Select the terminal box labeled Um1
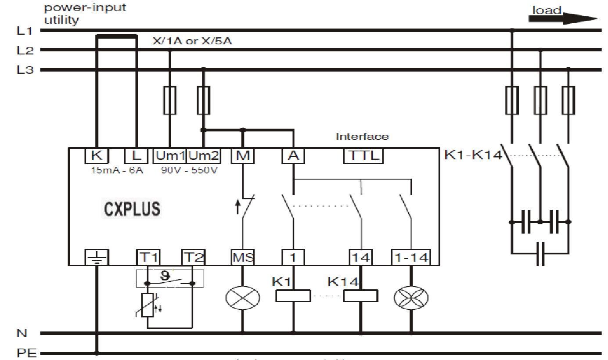tap(170, 155)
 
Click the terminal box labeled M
tap(242, 155)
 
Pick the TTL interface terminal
tap(363, 155)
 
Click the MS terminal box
tap(242, 257)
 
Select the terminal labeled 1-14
tap(410, 257)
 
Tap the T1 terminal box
tap(148, 257)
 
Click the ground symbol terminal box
tap(96, 257)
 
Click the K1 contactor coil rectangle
tap(293, 296)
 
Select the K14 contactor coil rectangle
tap(360, 296)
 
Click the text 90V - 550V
tap(189, 170)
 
